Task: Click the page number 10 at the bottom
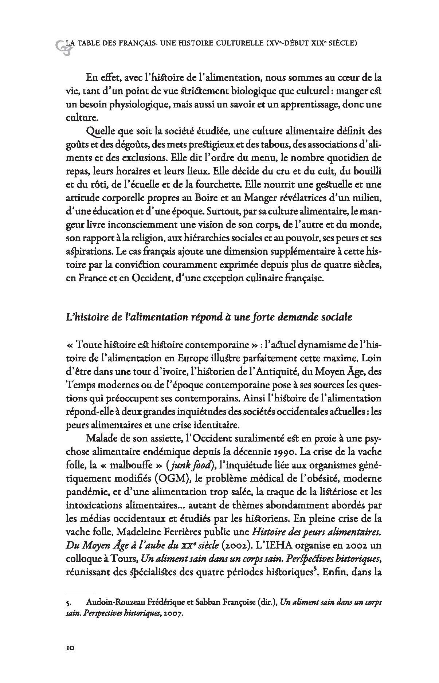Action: (x=70, y=658)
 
